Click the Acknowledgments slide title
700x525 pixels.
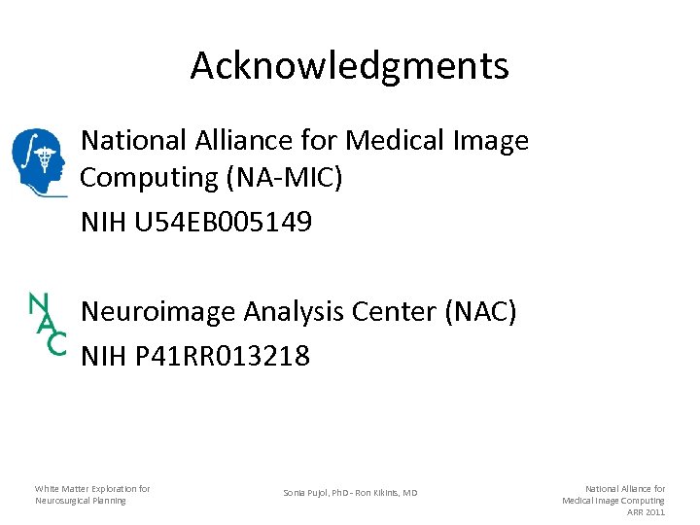click(x=349, y=65)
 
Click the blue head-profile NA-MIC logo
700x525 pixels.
click(x=38, y=161)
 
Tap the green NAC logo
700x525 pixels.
click(x=47, y=324)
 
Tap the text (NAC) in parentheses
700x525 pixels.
click(x=480, y=312)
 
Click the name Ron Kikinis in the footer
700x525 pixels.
click(x=388, y=493)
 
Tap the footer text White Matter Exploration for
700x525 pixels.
click(x=92, y=488)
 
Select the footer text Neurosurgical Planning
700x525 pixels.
click(x=80, y=501)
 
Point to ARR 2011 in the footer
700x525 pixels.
click(x=646, y=512)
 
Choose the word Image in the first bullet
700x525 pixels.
click(x=493, y=141)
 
